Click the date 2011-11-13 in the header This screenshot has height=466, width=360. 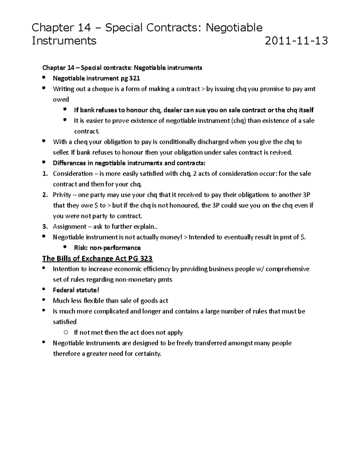(x=296, y=41)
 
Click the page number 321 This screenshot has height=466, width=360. (x=134, y=79)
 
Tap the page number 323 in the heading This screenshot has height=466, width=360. (x=147, y=258)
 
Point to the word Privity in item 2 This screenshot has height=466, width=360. (x=62, y=195)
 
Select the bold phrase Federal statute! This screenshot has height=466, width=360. (x=76, y=290)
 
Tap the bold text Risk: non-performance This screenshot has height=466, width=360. (x=107, y=248)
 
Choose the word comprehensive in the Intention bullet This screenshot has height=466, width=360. (x=287, y=269)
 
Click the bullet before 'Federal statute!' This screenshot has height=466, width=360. (x=44, y=290)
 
